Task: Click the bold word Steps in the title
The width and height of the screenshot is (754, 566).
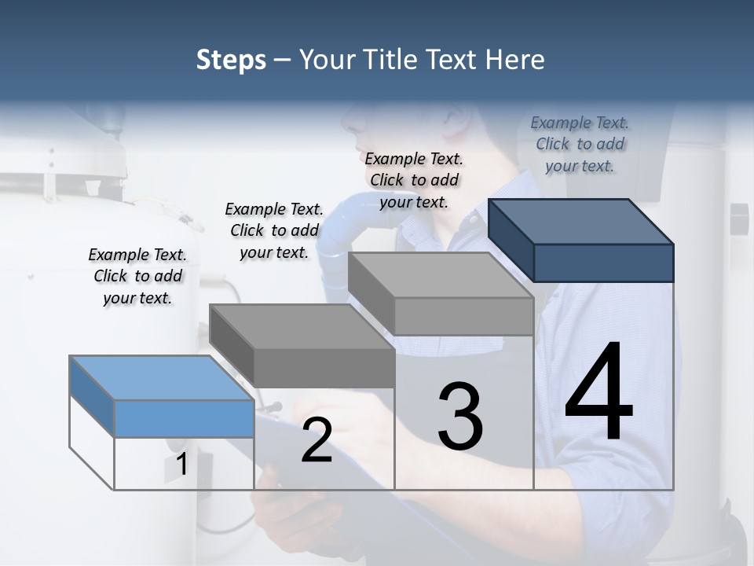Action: (x=231, y=60)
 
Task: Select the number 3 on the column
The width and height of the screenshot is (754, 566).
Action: (x=460, y=416)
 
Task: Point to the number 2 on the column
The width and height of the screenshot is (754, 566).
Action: (x=317, y=441)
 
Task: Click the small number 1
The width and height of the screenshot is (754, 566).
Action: (x=181, y=465)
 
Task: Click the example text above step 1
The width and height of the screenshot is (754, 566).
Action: (x=137, y=276)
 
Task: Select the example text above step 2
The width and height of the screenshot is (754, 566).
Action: (x=274, y=230)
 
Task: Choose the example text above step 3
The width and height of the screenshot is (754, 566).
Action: (x=414, y=180)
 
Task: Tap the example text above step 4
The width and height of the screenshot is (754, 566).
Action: (x=580, y=144)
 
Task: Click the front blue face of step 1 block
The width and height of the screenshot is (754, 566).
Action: (x=184, y=418)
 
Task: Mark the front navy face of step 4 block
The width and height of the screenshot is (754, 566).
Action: (x=603, y=263)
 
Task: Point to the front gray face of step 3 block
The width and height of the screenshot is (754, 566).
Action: (x=463, y=317)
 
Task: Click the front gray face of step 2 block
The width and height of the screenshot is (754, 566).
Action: (x=324, y=368)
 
